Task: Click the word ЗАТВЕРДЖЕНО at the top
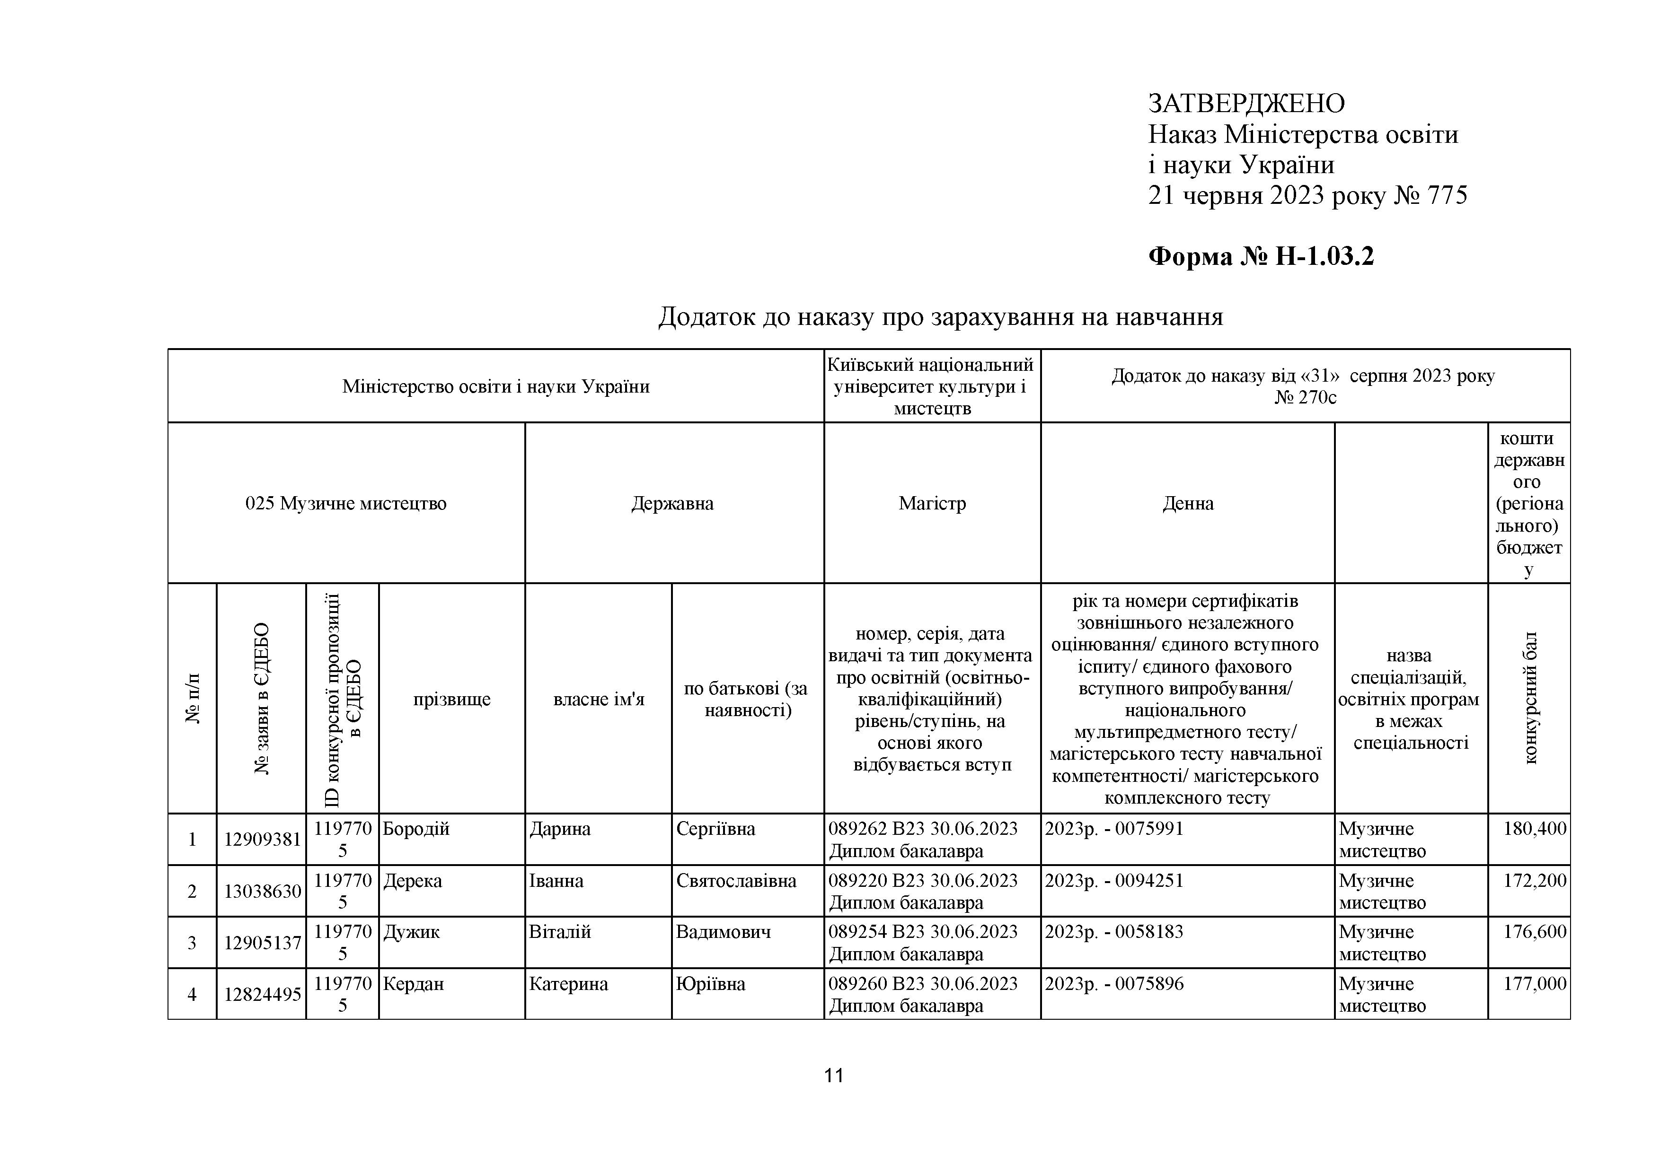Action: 1246,104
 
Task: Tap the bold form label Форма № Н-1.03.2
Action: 1261,256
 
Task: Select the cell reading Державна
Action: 672,504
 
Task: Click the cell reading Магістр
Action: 932,504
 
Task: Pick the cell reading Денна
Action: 1188,504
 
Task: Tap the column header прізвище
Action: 452,700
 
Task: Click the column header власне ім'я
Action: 599,700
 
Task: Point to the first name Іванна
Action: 556,881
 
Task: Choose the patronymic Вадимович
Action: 723,932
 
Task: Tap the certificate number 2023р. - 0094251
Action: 1114,881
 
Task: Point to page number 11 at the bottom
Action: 834,1076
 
